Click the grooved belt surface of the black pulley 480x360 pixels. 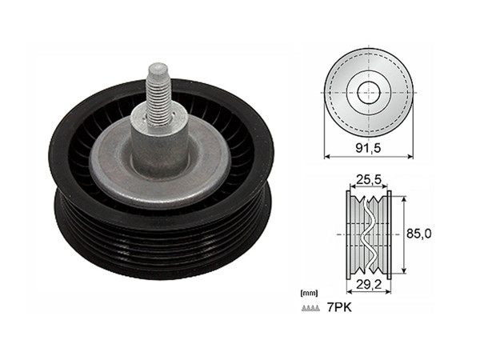[160, 240]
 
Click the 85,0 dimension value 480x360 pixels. [420, 234]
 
